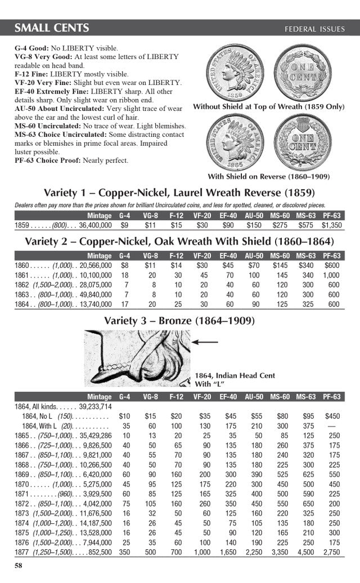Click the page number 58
(x=18, y=564)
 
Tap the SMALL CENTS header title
(x=51, y=28)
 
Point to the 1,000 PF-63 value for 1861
(x=331, y=275)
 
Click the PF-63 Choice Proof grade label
(x=47, y=160)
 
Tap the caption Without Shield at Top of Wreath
(x=268, y=106)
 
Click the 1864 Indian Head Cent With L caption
(x=235, y=380)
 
